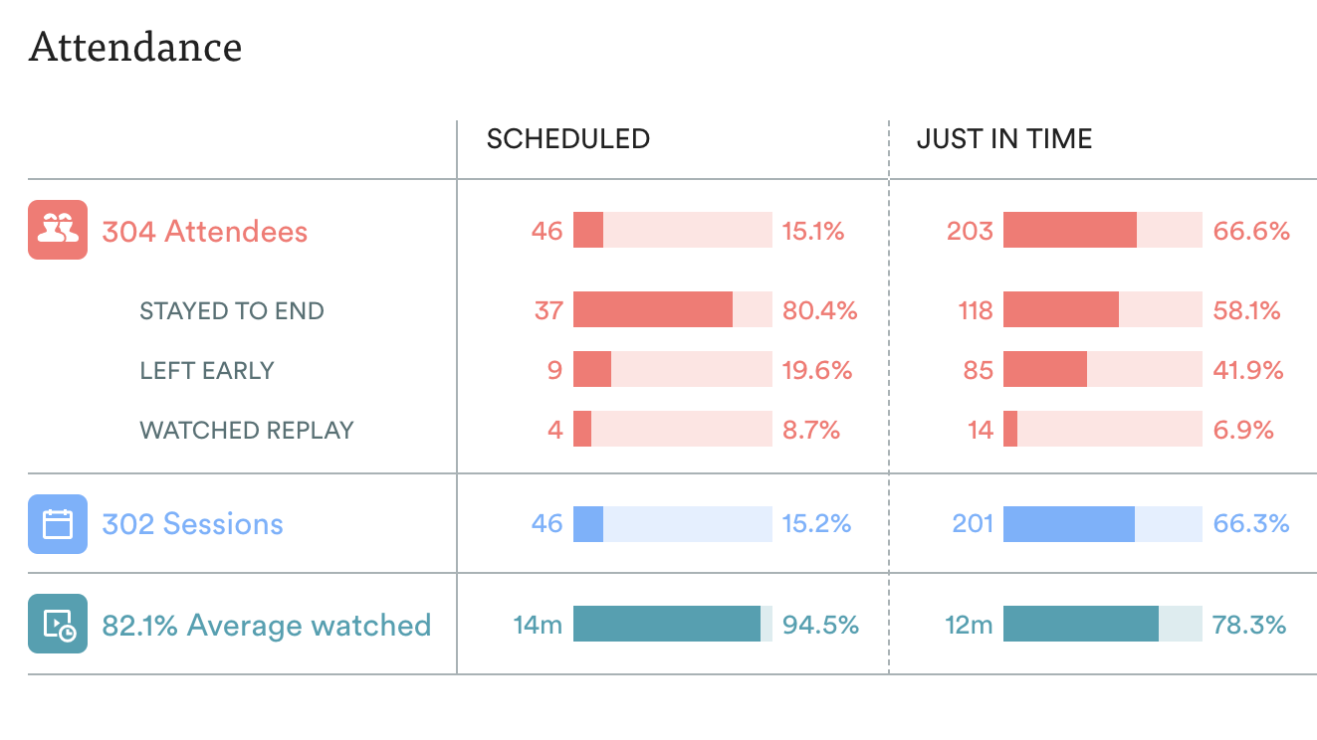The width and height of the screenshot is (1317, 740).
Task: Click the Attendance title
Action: [135, 48]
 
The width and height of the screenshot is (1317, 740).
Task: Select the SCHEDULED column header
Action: [567, 139]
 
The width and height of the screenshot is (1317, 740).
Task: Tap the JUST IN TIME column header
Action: [1003, 139]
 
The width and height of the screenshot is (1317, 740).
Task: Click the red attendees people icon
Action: [58, 230]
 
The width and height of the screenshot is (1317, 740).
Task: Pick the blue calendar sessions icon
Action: [58, 524]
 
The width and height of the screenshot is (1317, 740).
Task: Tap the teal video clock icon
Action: [58, 624]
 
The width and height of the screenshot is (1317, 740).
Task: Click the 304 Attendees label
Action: [204, 232]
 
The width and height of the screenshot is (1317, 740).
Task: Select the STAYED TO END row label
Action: [231, 311]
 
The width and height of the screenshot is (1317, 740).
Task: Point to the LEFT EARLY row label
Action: [206, 371]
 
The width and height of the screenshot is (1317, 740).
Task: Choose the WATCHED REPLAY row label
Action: [246, 431]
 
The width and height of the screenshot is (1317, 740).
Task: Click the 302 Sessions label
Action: [192, 524]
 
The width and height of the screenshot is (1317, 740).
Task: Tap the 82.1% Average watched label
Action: [266, 626]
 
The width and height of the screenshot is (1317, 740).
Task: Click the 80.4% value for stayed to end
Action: [819, 311]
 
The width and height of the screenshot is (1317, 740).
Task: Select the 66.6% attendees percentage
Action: [1250, 232]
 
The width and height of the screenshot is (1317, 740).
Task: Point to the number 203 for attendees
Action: [970, 232]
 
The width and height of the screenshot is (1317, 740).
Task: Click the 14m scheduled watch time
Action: [538, 626]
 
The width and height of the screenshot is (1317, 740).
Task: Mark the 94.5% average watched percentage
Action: [820, 626]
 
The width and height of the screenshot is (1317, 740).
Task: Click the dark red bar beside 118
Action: [1060, 310]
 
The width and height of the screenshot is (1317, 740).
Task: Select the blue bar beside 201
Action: [1068, 524]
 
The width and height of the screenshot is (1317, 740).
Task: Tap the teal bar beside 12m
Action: [1080, 624]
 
